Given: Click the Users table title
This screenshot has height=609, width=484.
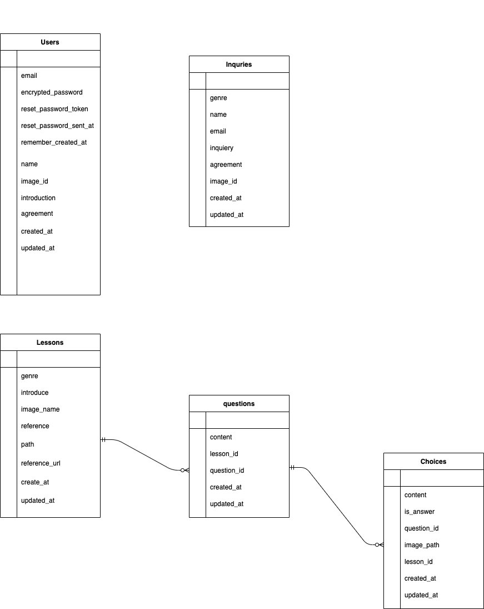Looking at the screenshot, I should coord(50,42).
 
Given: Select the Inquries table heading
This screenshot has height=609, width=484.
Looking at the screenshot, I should coord(239,65).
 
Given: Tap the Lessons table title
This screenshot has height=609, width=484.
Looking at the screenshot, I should coord(50,343).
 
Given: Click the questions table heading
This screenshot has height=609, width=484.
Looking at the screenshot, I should coord(239,404).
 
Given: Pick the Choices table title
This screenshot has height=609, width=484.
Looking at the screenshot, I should coord(433,462).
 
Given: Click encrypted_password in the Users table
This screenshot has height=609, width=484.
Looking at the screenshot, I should coord(52,92).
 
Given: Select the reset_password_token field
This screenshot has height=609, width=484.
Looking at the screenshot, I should coord(54,109).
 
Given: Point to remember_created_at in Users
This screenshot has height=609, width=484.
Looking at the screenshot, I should coord(54,142).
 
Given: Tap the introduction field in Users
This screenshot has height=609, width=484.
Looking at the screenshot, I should coord(38,198).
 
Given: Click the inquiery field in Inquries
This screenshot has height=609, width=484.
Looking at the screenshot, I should coord(222,148).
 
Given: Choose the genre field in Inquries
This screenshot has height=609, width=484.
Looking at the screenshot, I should coord(218,98).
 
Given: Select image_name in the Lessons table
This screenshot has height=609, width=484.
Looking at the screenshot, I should coord(40,409).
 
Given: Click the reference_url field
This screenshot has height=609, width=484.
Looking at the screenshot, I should coord(41,463).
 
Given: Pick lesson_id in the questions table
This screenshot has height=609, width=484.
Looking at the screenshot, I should coord(224,454).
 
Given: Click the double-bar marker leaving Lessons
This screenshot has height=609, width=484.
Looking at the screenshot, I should coord(104,440).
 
